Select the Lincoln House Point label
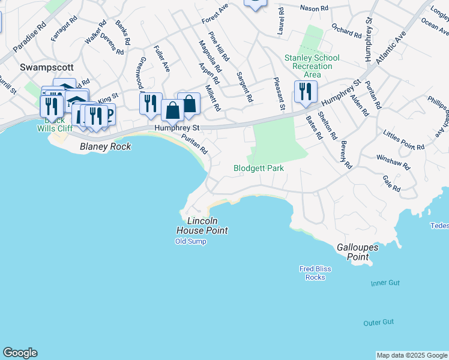[202, 225]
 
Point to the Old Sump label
[190, 241]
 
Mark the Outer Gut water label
[379, 322]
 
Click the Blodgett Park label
[258, 169]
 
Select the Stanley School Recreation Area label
[312, 66]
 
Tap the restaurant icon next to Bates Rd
[306, 92]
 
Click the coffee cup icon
[107, 114]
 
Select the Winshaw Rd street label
[393, 161]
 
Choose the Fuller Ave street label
[162, 59]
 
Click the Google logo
[20, 353]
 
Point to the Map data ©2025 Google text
[412, 355]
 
